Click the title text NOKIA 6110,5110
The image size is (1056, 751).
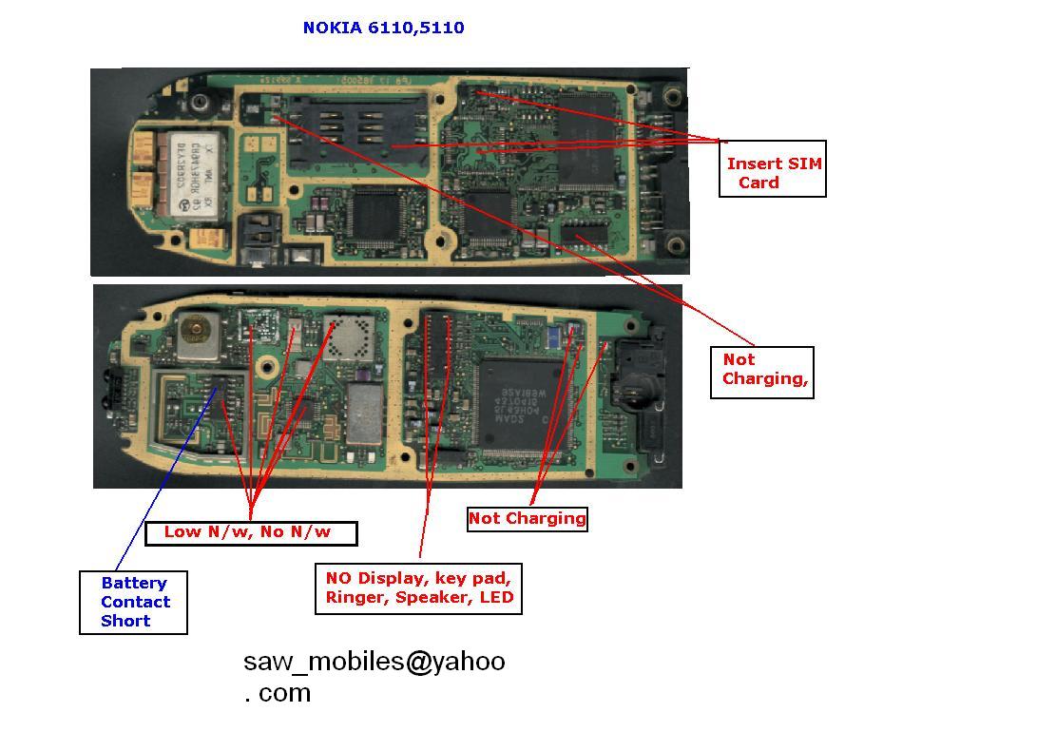click(x=383, y=28)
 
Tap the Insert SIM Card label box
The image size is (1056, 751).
click(x=773, y=173)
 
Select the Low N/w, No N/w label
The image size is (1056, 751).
click(x=251, y=532)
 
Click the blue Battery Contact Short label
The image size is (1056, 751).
click(x=134, y=602)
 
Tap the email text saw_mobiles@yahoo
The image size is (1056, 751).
click(x=374, y=662)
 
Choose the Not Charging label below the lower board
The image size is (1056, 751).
click(x=527, y=518)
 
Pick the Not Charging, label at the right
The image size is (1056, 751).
click(x=762, y=370)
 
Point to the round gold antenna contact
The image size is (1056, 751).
click(x=197, y=330)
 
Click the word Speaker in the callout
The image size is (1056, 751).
click(x=422, y=598)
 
